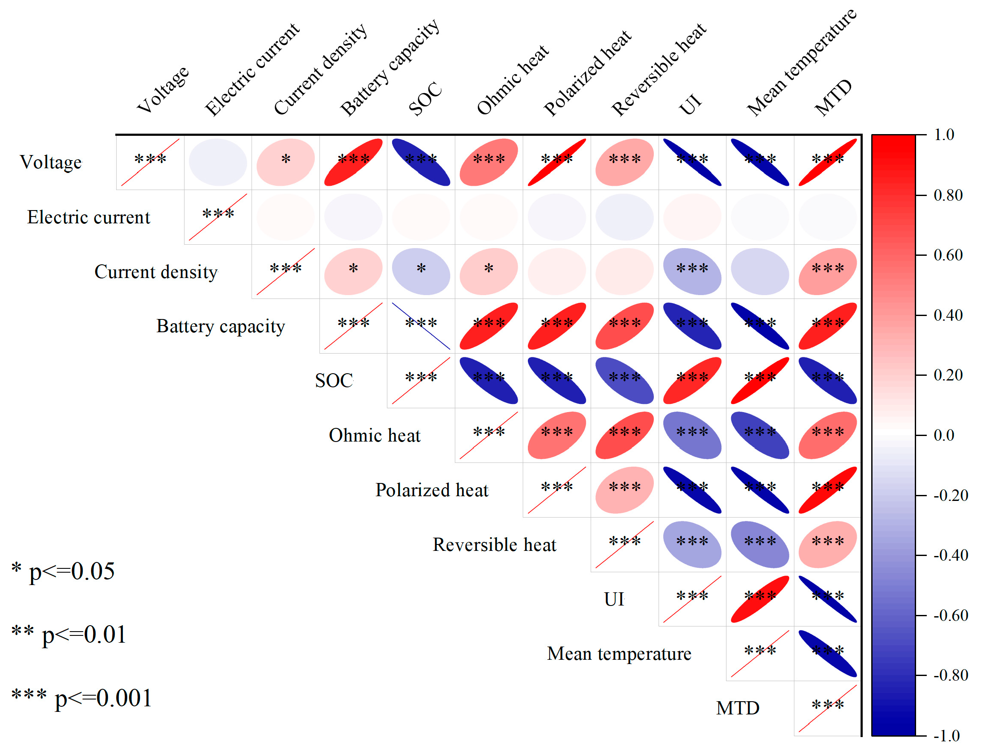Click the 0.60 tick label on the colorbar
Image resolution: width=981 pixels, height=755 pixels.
tap(948, 255)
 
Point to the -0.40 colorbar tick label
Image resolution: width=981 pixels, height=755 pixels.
tap(950, 555)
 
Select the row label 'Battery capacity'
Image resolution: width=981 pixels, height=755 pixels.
tap(220, 326)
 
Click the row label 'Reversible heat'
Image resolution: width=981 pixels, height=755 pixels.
tap(494, 544)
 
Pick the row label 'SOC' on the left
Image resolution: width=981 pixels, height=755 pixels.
tap(334, 380)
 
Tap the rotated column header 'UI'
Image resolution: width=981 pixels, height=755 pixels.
tap(691, 105)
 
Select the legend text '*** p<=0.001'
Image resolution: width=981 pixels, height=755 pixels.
tap(82, 697)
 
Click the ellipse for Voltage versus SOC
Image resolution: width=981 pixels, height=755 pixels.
tap(421, 162)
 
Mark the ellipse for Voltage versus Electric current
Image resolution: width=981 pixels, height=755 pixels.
tap(218, 162)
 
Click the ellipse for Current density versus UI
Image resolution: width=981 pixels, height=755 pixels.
tap(692, 271)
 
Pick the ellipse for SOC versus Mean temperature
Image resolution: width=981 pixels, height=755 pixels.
tap(760, 380)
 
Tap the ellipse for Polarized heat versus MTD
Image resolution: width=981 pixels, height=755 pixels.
tap(827, 489)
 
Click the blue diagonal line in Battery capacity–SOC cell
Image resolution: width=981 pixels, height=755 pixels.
tap(421, 326)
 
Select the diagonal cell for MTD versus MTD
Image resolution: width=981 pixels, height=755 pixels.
tap(827, 708)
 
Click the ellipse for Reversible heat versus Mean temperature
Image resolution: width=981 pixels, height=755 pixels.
tap(760, 544)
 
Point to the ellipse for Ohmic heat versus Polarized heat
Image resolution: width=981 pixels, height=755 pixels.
tap(556, 435)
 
